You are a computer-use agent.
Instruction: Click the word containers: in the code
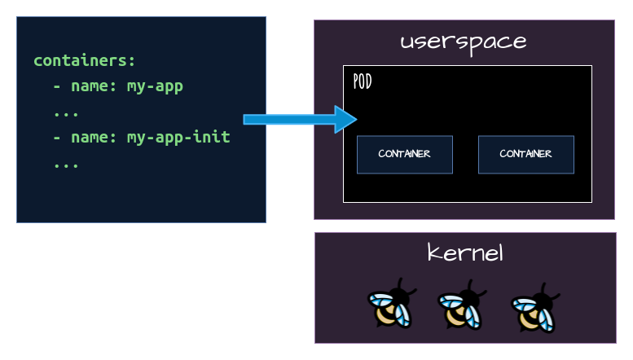(x=85, y=61)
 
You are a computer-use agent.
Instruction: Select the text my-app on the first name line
(x=155, y=86)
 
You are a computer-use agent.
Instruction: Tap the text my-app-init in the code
(x=178, y=137)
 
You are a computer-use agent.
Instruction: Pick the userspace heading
(x=463, y=42)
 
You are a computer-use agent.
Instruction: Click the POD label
(x=363, y=81)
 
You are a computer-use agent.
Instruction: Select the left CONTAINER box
(x=404, y=154)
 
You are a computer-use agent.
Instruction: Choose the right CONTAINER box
(x=525, y=154)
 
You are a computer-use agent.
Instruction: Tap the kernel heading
(x=465, y=252)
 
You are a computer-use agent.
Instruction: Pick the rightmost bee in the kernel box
(x=534, y=308)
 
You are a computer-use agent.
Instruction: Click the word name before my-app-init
(x=90, y=137)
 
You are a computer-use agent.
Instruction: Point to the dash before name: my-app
(x=57, y=86)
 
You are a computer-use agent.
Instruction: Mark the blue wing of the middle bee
(x=451, y=303)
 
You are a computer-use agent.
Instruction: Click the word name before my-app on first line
(x=90, y=86)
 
